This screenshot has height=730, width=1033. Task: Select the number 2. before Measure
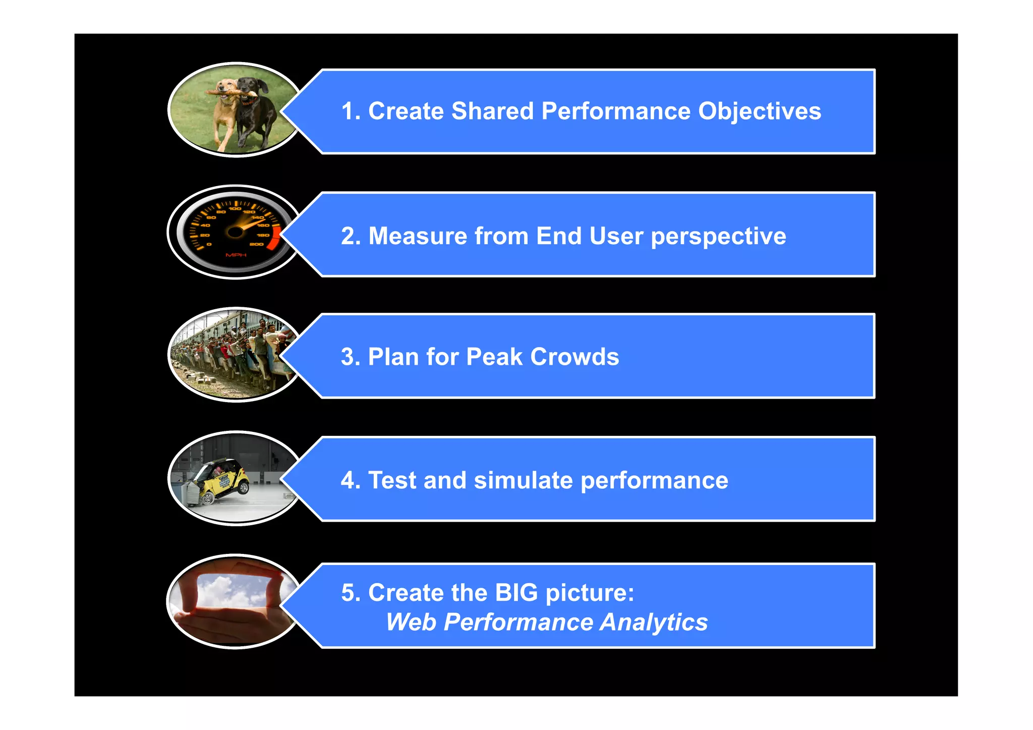pos(351,236)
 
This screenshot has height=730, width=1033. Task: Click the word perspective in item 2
pos(718,237)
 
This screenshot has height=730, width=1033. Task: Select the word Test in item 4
pos(392,480)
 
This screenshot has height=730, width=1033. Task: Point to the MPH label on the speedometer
pos(236,255)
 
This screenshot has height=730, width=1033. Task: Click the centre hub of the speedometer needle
pos(235,232)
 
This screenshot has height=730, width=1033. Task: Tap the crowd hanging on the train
pos(237,348)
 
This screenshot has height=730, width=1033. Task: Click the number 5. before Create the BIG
pos(351,593)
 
